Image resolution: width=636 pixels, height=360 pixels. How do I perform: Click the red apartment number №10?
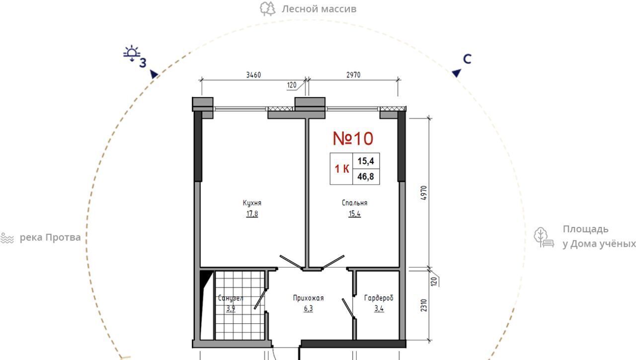coord(353,139)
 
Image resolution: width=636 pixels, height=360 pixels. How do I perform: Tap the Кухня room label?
coord(252,203)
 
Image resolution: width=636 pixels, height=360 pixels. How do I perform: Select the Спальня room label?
coord(354,203)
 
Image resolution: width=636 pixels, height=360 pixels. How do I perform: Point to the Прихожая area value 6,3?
coord(308,308)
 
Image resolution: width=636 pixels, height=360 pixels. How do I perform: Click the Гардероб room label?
coord(379,298)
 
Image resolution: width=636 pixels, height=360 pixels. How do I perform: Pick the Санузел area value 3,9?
coord(231,309)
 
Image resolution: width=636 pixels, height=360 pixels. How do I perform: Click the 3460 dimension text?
coord(253,75)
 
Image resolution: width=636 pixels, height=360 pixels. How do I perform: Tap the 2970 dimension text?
coord(353,75)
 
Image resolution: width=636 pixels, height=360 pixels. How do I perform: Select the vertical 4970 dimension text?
coord(423,193)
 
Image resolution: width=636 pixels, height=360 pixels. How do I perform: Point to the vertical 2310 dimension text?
coord(424,305)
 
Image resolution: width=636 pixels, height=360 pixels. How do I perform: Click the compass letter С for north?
coord(467,59)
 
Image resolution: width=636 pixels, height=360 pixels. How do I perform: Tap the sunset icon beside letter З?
coord(132,53)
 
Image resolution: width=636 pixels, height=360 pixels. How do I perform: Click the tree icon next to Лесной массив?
coord(267,9)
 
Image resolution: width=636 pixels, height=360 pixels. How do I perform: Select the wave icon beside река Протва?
coord(7,238)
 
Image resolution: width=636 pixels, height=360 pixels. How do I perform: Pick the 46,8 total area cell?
coord(366,176)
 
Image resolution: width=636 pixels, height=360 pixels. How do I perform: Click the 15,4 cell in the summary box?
coord(366,161)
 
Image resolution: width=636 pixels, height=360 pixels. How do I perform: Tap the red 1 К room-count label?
coord(342,169)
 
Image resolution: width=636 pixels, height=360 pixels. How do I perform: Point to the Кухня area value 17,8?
coord(252,214)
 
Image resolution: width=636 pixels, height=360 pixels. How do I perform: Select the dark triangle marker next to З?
coord(154,74)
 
